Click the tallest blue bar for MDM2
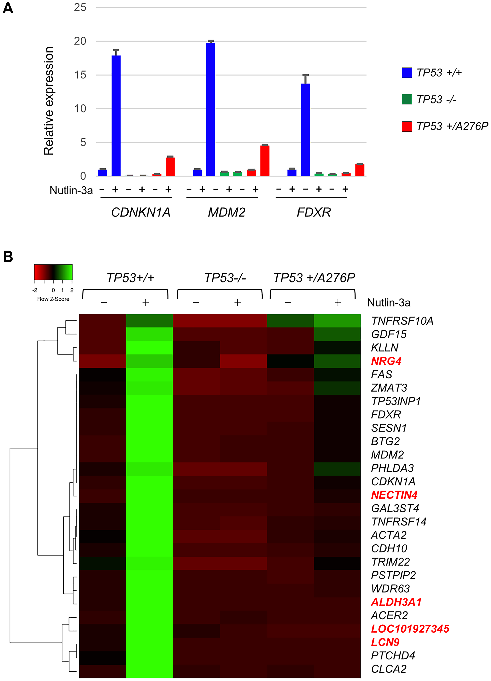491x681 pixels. click(x=211, y=109)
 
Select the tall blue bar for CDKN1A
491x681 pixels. click(x=116, y=116)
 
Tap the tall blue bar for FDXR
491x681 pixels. click(x=305, y=130)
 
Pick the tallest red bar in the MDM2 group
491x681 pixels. click(x=265, y=161)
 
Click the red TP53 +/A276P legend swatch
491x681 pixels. click(x=407, y=126)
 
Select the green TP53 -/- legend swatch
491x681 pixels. click(x=407, y=99)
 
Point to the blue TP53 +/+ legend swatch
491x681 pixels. click(x=407, y=73)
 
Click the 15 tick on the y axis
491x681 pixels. click(x=80, y=75)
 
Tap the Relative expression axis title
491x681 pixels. click(x=49, y=101)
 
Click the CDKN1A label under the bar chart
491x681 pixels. click(x=140, y=213)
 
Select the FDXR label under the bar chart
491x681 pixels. click(x=314, y=213)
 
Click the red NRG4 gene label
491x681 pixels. click(x=386, y=361)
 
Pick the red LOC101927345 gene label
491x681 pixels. click(x=410, y=628)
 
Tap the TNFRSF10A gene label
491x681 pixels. click(x=402, y=321)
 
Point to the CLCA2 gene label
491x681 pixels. click(x=389, y=669)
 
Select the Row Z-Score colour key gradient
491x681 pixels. click(x=53, y=272)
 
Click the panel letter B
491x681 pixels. click(x=8, y=257)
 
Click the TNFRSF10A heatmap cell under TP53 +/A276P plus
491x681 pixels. click(x=337, y=321)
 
